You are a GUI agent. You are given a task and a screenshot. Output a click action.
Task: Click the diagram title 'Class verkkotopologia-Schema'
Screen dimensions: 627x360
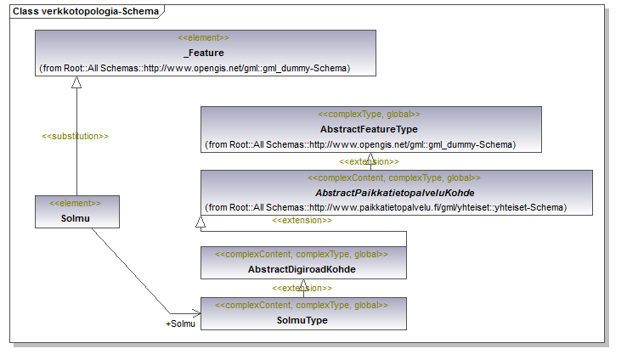tap(86, 11)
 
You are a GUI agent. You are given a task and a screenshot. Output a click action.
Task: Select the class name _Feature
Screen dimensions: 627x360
tap(206, 53)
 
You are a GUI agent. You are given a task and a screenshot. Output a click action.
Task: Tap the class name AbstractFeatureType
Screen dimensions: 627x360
tap(369, 129)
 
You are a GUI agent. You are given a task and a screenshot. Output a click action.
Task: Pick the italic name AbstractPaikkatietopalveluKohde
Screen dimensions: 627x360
tap(395, 193)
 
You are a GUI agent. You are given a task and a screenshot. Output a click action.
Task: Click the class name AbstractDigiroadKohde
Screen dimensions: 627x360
tap(302, 269)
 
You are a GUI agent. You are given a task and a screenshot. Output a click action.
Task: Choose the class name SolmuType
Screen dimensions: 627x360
tap(302, 320)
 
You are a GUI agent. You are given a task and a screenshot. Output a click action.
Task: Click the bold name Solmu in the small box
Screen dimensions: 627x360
tap(75, 218)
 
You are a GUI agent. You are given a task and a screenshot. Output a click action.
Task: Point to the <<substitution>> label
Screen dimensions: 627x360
tap(75, 136)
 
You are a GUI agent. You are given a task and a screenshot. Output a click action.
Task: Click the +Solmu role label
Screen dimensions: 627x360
tap(180, 323)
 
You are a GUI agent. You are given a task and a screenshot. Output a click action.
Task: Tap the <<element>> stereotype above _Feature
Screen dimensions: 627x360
tap(203, 37)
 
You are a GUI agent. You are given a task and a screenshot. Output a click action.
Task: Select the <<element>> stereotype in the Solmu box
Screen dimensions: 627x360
tap(75, 203)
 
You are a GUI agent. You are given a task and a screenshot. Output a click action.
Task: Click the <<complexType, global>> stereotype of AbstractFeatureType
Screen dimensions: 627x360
tap(369, 115)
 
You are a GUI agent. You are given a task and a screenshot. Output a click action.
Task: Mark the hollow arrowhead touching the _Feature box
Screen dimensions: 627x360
tap(76, 82)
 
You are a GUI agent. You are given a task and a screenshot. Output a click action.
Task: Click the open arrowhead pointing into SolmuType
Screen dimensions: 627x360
tap(196, 312)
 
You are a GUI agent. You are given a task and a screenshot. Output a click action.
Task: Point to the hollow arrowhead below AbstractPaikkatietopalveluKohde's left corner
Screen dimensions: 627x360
tap(201, 222)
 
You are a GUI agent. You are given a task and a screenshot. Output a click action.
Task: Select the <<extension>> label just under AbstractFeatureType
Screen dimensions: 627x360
tap(369, 162)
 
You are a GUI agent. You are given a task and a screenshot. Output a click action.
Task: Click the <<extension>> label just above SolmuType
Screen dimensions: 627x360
tap(302, 288)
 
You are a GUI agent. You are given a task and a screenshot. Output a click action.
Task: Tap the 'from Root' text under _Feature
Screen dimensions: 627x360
tap(195, 68)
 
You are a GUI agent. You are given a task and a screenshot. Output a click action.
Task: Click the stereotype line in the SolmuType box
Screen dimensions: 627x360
tap(302, 306)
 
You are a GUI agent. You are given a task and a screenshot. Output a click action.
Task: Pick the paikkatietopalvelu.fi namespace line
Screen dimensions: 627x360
tap(386, 208)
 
